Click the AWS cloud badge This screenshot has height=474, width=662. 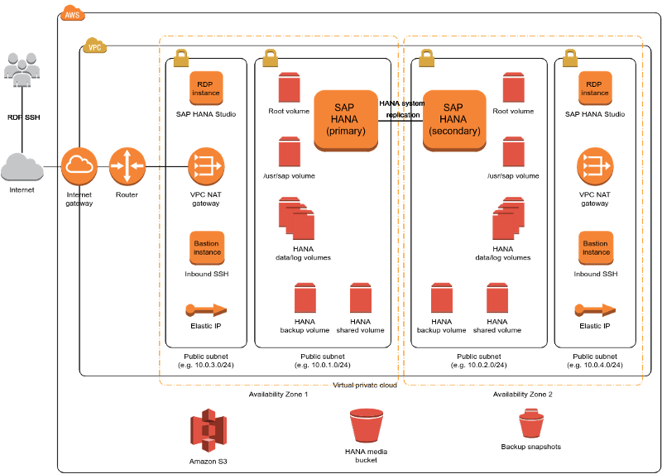pos(73,13)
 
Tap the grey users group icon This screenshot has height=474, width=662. pos(22,69)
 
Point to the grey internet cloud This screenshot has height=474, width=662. pos(22,166)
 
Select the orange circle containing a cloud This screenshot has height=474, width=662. pos(79,165)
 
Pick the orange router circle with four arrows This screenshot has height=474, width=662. pos(127,165)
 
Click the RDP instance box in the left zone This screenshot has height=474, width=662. pos(206,88)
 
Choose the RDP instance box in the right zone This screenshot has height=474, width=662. pos(595,88)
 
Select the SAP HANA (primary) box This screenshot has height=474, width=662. pos(346,120)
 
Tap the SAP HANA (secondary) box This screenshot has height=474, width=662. pos(453,120)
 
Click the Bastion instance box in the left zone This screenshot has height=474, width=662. pos(207,247)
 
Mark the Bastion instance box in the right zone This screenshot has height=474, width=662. pos(596,247)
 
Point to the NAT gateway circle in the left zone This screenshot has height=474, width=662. pos(206,166)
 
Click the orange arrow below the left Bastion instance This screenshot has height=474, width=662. pos(206,310)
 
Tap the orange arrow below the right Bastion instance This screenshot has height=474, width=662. pos(595,309)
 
